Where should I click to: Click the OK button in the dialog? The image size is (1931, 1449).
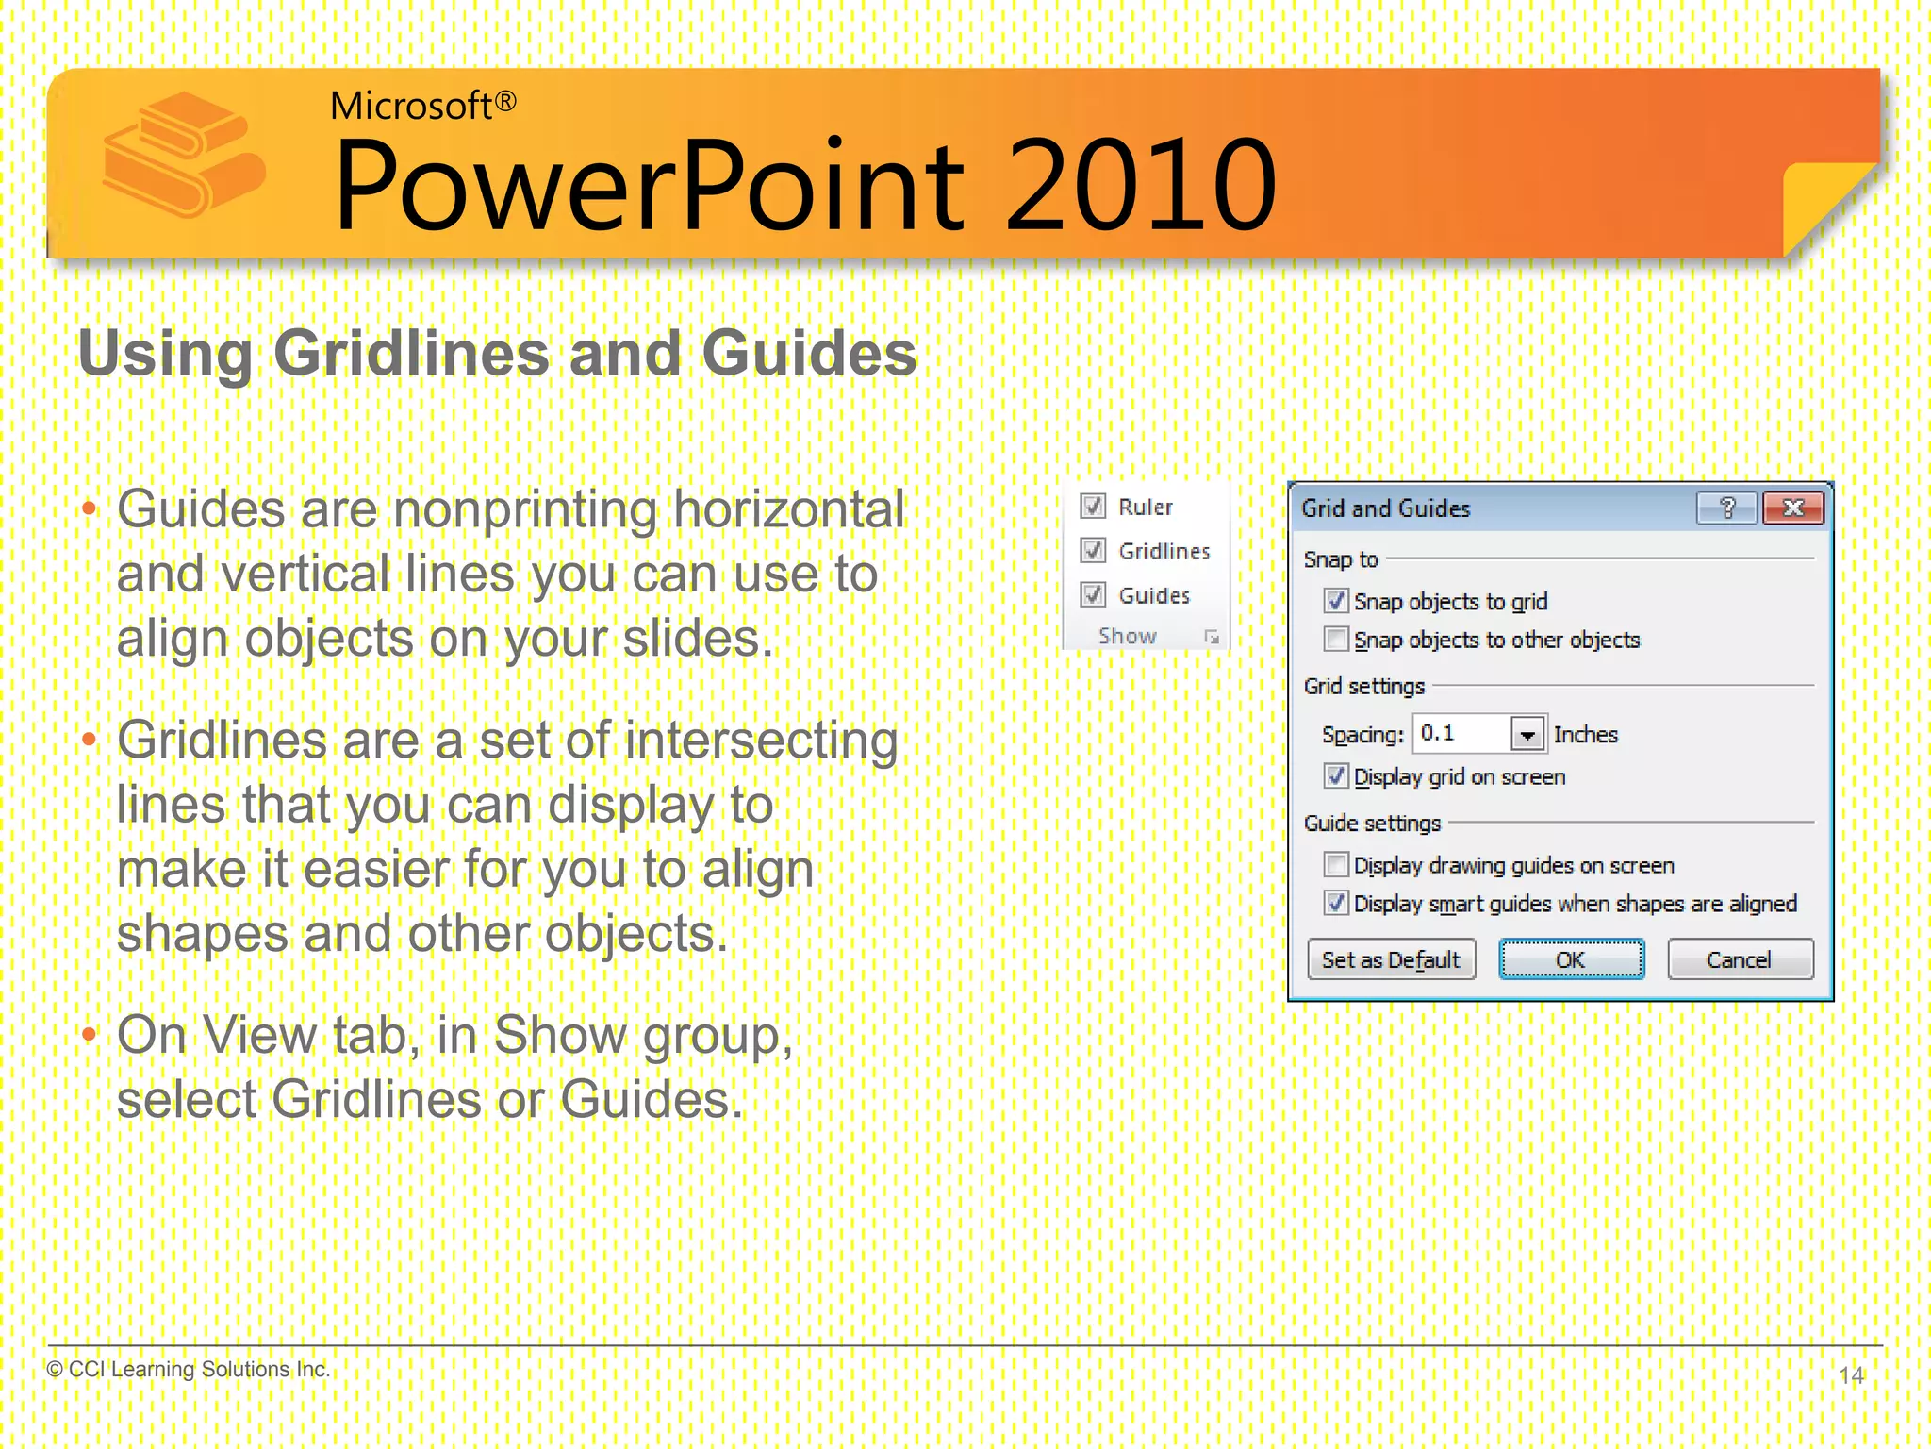click(1571, 959)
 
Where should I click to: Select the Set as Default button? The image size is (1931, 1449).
click(1391, 959)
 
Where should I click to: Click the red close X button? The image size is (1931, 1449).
click(1792, 508)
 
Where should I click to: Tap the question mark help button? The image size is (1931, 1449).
click(1726, 508)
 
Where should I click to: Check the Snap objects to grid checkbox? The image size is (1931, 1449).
click(1335, 601)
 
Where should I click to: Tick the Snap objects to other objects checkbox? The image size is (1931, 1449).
click(1335, 640)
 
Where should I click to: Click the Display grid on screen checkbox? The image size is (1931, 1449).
click(1335, 776)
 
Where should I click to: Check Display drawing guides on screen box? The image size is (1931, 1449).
click(1335, 864)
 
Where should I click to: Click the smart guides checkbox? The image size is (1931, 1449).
click(1335, 903)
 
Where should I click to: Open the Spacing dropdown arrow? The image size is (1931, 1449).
click(1527, 734)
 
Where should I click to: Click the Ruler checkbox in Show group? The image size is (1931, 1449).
click(1093, 507)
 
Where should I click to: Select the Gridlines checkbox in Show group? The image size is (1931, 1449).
click(1093, 550)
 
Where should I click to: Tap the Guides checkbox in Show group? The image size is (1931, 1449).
click(1093, 594)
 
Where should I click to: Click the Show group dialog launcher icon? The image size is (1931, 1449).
click(1212, 638)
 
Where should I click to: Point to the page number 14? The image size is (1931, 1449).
click(1851, 1375)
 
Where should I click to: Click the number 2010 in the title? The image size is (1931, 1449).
click(1140, 185)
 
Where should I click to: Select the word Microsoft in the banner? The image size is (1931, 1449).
click(411, 106)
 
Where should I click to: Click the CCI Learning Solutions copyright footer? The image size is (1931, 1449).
click(189, 1369)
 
